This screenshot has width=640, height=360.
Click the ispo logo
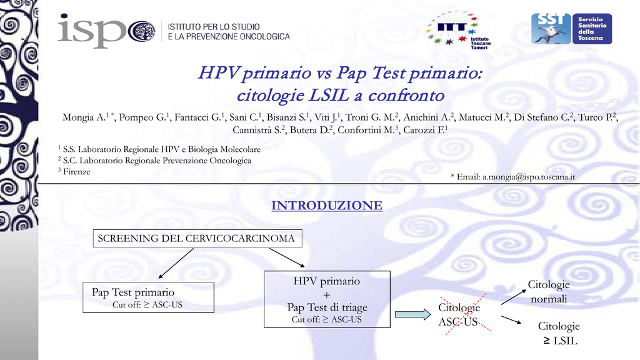pos(106,31)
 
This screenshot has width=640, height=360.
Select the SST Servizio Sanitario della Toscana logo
pos(571,29)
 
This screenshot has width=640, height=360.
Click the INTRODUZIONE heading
pos(327,205)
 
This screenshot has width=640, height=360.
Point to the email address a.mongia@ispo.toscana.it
pos(529,177)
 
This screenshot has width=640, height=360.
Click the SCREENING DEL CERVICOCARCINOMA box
pos(197,238)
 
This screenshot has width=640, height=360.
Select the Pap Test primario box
pos(148,297)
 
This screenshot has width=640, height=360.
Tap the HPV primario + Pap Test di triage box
pos(327,299)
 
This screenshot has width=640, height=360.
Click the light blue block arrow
pos(412,314)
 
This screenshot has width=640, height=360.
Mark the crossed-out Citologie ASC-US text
pos(459,314)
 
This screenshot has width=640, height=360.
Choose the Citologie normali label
pos(549,291)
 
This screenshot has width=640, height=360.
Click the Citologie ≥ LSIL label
pos(559,333)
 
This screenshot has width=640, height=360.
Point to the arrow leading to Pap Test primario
pos(176,264)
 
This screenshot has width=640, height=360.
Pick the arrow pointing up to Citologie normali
pos(514,297)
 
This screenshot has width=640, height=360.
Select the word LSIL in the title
pos(329,96)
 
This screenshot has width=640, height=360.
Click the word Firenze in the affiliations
pos(77,172)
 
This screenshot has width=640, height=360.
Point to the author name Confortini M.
pos(367,130)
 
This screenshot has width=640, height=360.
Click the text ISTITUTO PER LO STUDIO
pos(214,27)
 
